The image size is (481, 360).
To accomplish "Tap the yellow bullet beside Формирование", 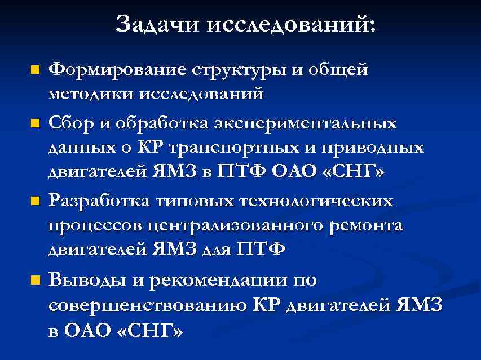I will [x=36, y=71].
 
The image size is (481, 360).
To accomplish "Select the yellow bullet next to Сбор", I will [x=36, y=122].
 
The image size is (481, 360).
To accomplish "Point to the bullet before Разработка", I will [x=36, y=201].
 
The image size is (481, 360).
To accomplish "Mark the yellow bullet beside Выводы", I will [x=36, y=279].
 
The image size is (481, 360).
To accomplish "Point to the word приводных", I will [x=374, y=148].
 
